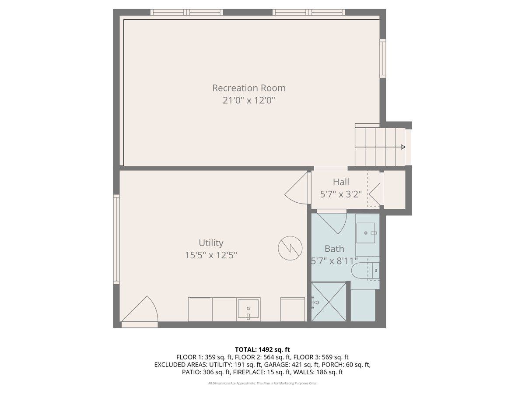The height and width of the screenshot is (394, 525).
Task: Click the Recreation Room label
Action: point(249,88)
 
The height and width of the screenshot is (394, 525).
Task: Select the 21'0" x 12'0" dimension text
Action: point(249,101)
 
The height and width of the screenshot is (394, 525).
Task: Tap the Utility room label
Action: point(211,243)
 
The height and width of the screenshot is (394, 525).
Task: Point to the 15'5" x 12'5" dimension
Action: point(211,255)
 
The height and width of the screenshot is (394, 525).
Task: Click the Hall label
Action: point(341,182)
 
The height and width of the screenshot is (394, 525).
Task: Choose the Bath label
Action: point(334,249)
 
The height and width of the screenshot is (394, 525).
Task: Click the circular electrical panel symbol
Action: point(290,248)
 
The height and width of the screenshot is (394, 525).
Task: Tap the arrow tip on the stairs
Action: point(405,147)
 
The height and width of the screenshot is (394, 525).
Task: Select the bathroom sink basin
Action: point(366,233)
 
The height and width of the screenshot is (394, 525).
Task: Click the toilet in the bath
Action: point(365,271)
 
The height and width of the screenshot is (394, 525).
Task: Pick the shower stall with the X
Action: point(329,302)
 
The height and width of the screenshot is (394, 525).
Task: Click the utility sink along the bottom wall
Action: point(248,310)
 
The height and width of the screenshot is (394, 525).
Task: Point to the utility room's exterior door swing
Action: point(140,309)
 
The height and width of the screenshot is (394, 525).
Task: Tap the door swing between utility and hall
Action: point(296,188)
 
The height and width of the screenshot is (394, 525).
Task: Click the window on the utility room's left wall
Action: point(116,239)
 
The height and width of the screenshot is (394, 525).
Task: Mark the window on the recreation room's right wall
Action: point(383,58)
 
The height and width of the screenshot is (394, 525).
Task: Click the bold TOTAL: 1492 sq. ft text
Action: point(262,350)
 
